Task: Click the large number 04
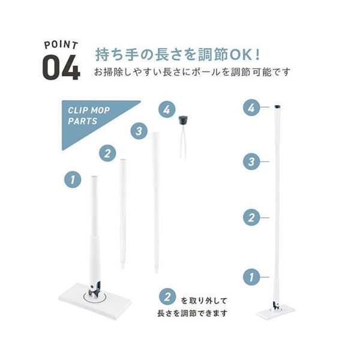(x=61, y=68)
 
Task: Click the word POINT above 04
(x=61, y=45)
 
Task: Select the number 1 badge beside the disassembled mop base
(x=73, y=179)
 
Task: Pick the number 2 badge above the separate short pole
(x=107, y=153)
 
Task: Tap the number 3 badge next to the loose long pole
(x=139, y=131)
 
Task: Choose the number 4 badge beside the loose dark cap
(x=167, y=109)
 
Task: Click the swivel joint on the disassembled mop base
(x=95, y=290)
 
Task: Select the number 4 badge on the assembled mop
(x=251, y=107)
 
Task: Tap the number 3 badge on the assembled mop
(x=251, y=161)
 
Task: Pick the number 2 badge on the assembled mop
(x=251, y=217)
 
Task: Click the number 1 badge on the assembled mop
(x=251, y=277)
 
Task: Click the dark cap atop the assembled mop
(x=278, y=107)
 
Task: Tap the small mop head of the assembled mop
(x=276, y=312)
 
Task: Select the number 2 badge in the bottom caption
(x=167, y=297)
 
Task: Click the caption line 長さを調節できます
(x=192, y=313)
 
